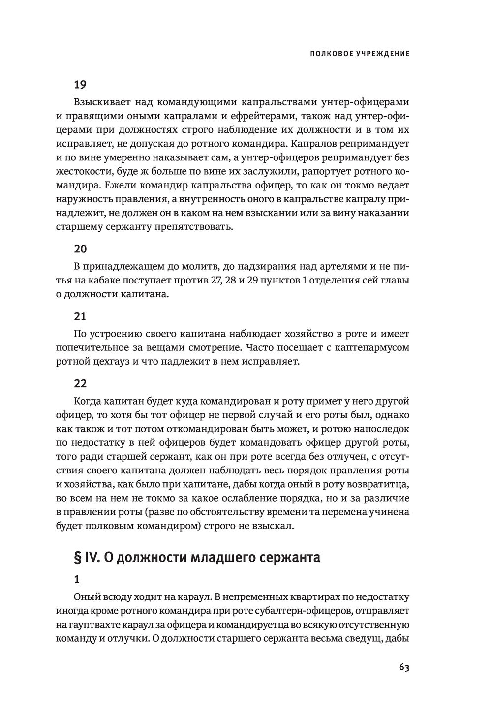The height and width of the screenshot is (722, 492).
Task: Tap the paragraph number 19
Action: coord(80,85)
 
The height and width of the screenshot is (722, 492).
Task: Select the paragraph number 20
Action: coord(80,249)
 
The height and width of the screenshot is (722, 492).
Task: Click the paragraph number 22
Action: coord(80,383)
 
